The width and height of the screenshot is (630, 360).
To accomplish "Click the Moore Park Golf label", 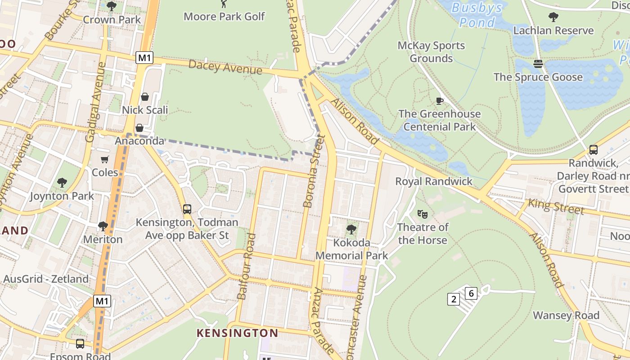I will coord(224,17).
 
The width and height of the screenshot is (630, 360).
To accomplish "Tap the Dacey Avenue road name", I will coord(225,67).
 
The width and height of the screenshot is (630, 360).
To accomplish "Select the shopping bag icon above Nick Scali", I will coord(145,97).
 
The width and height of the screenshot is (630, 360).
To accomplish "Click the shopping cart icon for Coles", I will coord(105,160).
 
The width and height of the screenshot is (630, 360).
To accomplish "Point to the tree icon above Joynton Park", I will coord(62,183).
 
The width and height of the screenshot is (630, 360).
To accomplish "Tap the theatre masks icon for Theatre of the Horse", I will coord(422,214).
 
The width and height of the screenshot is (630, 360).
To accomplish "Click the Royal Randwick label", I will coord(434,181).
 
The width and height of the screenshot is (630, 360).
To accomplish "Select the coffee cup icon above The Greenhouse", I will coord(440,101).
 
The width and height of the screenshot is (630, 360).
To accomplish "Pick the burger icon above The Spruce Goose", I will coord(538,64).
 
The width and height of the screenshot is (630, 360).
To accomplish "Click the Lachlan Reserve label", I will coord(553,31).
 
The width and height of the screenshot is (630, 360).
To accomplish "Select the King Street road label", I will coord(556,207).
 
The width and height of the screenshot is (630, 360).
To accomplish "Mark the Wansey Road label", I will coord(566,315).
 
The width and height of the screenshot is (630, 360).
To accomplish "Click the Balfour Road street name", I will coord(246,266).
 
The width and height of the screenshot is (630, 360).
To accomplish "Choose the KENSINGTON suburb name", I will coord(237,333).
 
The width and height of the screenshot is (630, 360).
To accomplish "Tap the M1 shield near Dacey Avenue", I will coord(144,58).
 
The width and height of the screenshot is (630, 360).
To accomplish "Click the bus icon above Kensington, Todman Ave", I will coord(187,209).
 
